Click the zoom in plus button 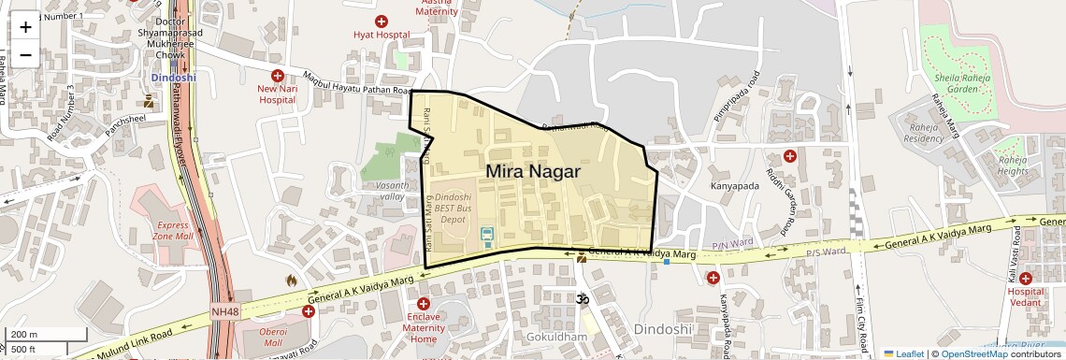point(25,27)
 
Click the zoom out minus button point(25,54)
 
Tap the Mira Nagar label point(533,172)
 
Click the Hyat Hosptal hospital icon point(382,22)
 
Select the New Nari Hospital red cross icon point(277,75)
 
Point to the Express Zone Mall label point(173,231)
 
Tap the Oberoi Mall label point(273,338)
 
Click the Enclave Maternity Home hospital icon point(424,304)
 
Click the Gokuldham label point(555,337)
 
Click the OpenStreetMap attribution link point(973,353)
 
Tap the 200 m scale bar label point(25,334)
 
